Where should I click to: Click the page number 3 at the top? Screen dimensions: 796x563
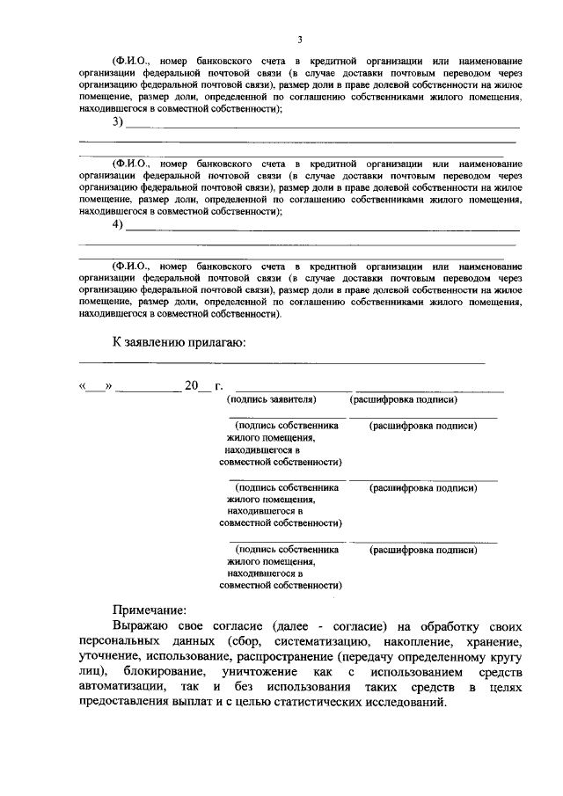click(299, 40)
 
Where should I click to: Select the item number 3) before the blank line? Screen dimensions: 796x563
click(117, 122)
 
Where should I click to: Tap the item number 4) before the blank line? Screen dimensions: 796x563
click(117, 224)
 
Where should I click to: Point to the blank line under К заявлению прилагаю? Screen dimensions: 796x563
click(281, 361)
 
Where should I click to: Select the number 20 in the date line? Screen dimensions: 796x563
click(191, 385)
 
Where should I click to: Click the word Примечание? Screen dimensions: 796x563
click(150, 609)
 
